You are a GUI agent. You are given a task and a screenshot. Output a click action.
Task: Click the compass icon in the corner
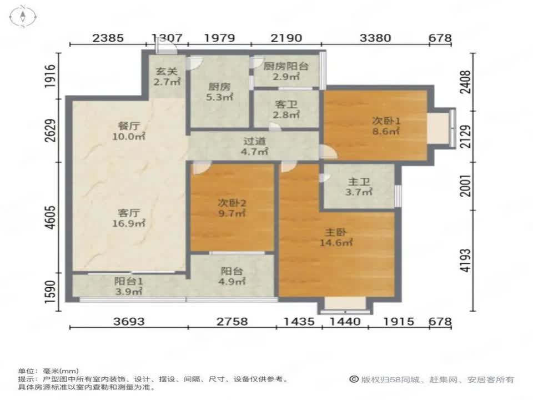[x=23, y=16]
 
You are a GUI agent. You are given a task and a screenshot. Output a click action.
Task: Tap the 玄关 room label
[x=167, y=77]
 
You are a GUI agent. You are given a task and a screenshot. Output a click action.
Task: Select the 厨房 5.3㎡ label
[x=219, y=92]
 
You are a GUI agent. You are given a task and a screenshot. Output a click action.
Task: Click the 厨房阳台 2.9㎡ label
[x=286, y=72]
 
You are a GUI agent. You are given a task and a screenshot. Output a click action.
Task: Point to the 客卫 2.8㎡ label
[x=286, y=109]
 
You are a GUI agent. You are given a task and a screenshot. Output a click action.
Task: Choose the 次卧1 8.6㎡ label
[x=386, y=126]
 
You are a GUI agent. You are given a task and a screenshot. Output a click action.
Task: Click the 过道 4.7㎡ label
[x=254, y=146]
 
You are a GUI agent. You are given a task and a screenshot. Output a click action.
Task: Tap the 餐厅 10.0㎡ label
[x=128, y=131]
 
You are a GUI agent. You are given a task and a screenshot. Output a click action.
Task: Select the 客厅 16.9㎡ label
[x=128, y=218]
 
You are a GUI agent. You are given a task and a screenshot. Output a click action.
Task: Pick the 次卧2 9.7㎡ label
[x=232, y=208]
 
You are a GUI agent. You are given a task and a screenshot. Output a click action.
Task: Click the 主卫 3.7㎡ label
[x=359, y=187]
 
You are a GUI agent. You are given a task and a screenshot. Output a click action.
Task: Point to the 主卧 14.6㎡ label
[x=336, y=237]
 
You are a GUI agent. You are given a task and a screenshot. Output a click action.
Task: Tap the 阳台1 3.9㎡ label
[x=128, y=287]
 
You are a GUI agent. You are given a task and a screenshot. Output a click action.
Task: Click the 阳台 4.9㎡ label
[x=232, y=276]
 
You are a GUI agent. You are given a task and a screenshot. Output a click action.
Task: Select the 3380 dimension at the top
[x=375, y=38]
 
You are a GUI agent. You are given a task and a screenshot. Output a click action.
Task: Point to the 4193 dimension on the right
[x=466, y=261]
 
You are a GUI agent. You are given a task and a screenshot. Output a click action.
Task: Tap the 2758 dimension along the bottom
[x=232, y=322]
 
